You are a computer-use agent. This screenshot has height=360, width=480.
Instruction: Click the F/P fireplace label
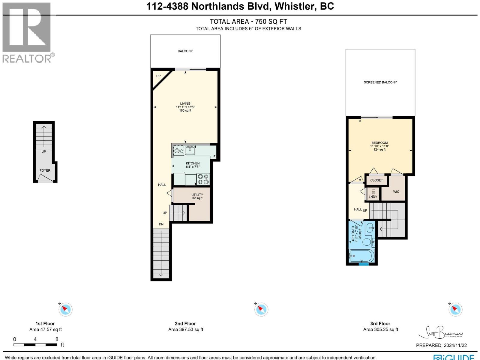(158, 76)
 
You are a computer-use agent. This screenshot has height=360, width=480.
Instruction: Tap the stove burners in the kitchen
(203, 179)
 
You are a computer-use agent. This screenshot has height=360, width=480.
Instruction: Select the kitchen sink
(190, 150)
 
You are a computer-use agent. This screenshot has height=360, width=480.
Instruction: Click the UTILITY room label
(197, 195)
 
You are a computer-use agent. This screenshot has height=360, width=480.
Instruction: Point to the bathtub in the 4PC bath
(362, 256)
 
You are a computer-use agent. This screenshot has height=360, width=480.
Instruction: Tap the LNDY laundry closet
(373, 194)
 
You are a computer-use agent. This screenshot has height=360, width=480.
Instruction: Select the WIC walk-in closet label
(396, 192)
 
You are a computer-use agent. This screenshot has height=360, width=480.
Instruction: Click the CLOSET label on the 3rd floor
(376, 180)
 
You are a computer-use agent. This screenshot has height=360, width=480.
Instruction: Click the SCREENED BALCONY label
(380, 82)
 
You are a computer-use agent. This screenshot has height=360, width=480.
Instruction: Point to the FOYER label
(45, 170)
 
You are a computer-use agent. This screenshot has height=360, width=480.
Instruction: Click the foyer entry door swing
(45, 179)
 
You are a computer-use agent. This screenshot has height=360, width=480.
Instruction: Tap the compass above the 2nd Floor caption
(261, 309)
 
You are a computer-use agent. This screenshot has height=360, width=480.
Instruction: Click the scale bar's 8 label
(57, 339)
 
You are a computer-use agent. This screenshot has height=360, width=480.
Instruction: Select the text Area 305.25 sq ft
(380, 329)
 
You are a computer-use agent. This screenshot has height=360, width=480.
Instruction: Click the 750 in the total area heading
(260, 22)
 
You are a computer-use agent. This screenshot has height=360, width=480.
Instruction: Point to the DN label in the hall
(161, 224)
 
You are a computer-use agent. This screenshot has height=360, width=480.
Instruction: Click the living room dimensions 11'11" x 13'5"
(185, 107)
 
